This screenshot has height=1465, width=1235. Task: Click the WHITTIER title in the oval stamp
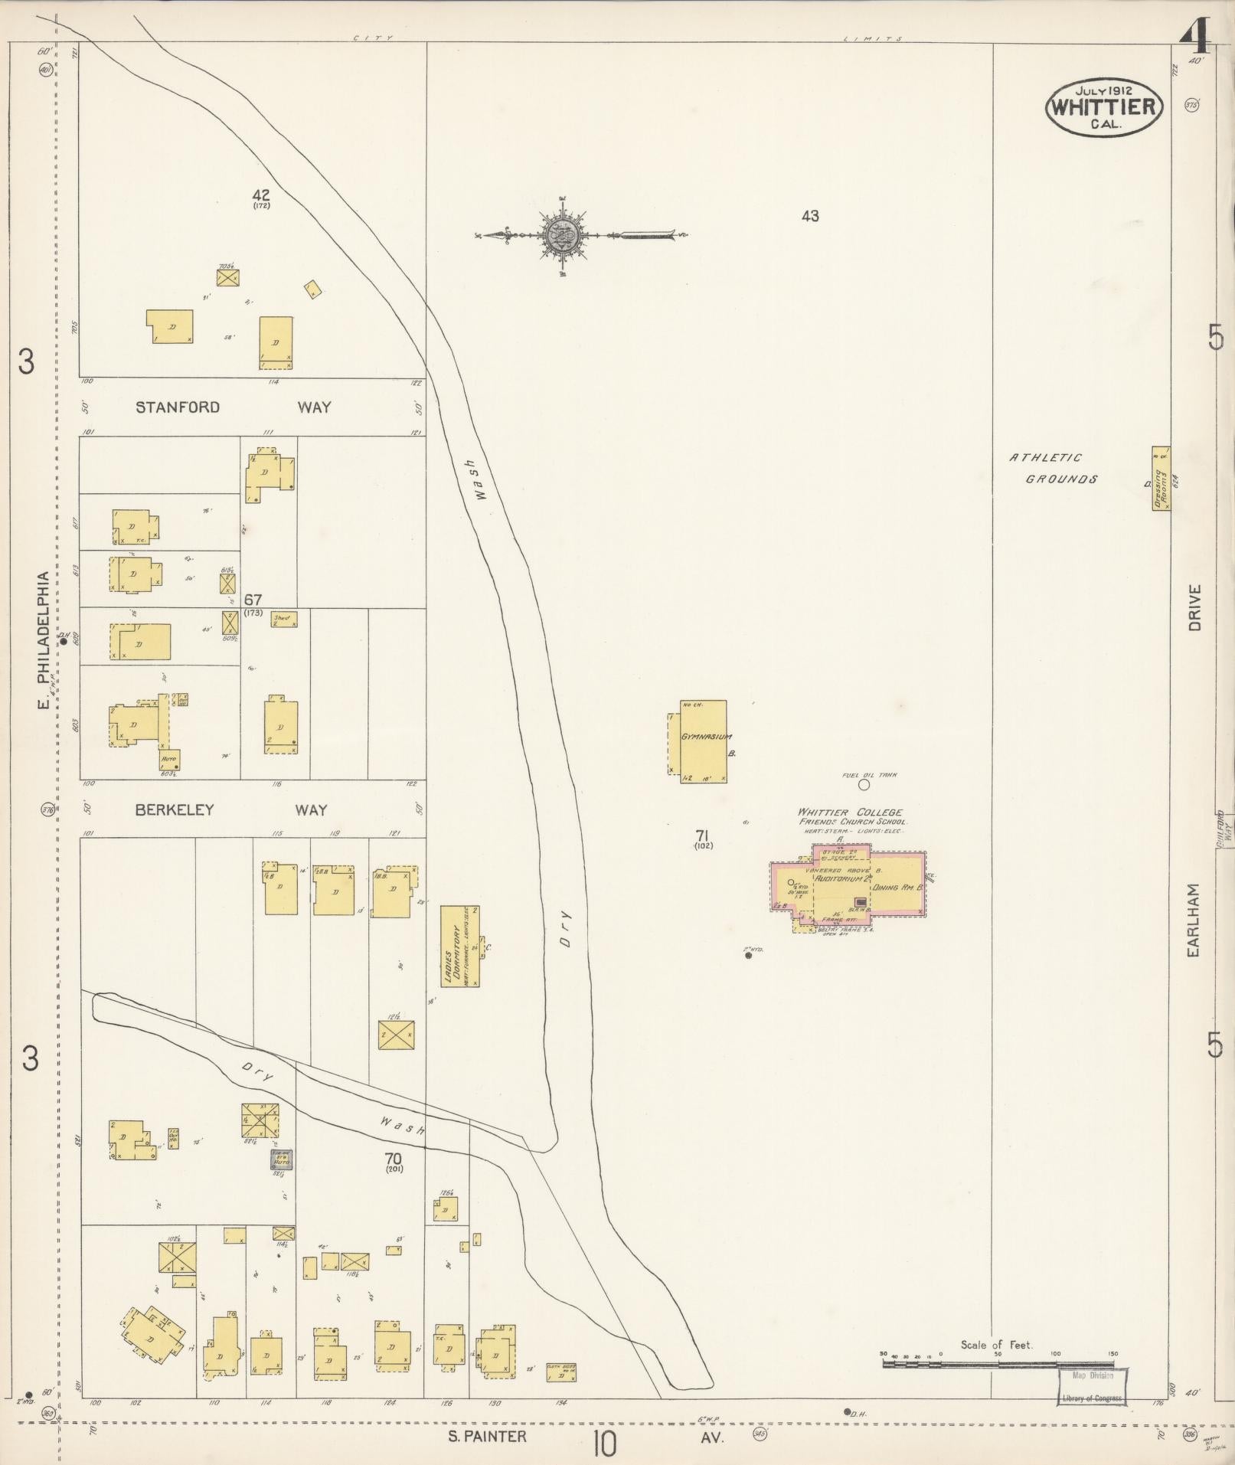tap(1103, 106)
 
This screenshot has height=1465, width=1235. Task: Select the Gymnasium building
tap(702, 740)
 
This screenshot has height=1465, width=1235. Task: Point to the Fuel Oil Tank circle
tap(864, 784)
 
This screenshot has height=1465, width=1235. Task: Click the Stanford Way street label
tap(233, 407)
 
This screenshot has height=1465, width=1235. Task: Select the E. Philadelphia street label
tap(46, 639)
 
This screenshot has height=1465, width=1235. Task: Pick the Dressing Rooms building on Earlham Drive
tap(1161, 479)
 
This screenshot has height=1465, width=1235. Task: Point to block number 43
tap(810, 217)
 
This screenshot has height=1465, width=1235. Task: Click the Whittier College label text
tap(850, 813)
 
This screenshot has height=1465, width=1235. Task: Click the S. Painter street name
tap(488, 1436)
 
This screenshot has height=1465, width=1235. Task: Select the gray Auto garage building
tap(280, 1160)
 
